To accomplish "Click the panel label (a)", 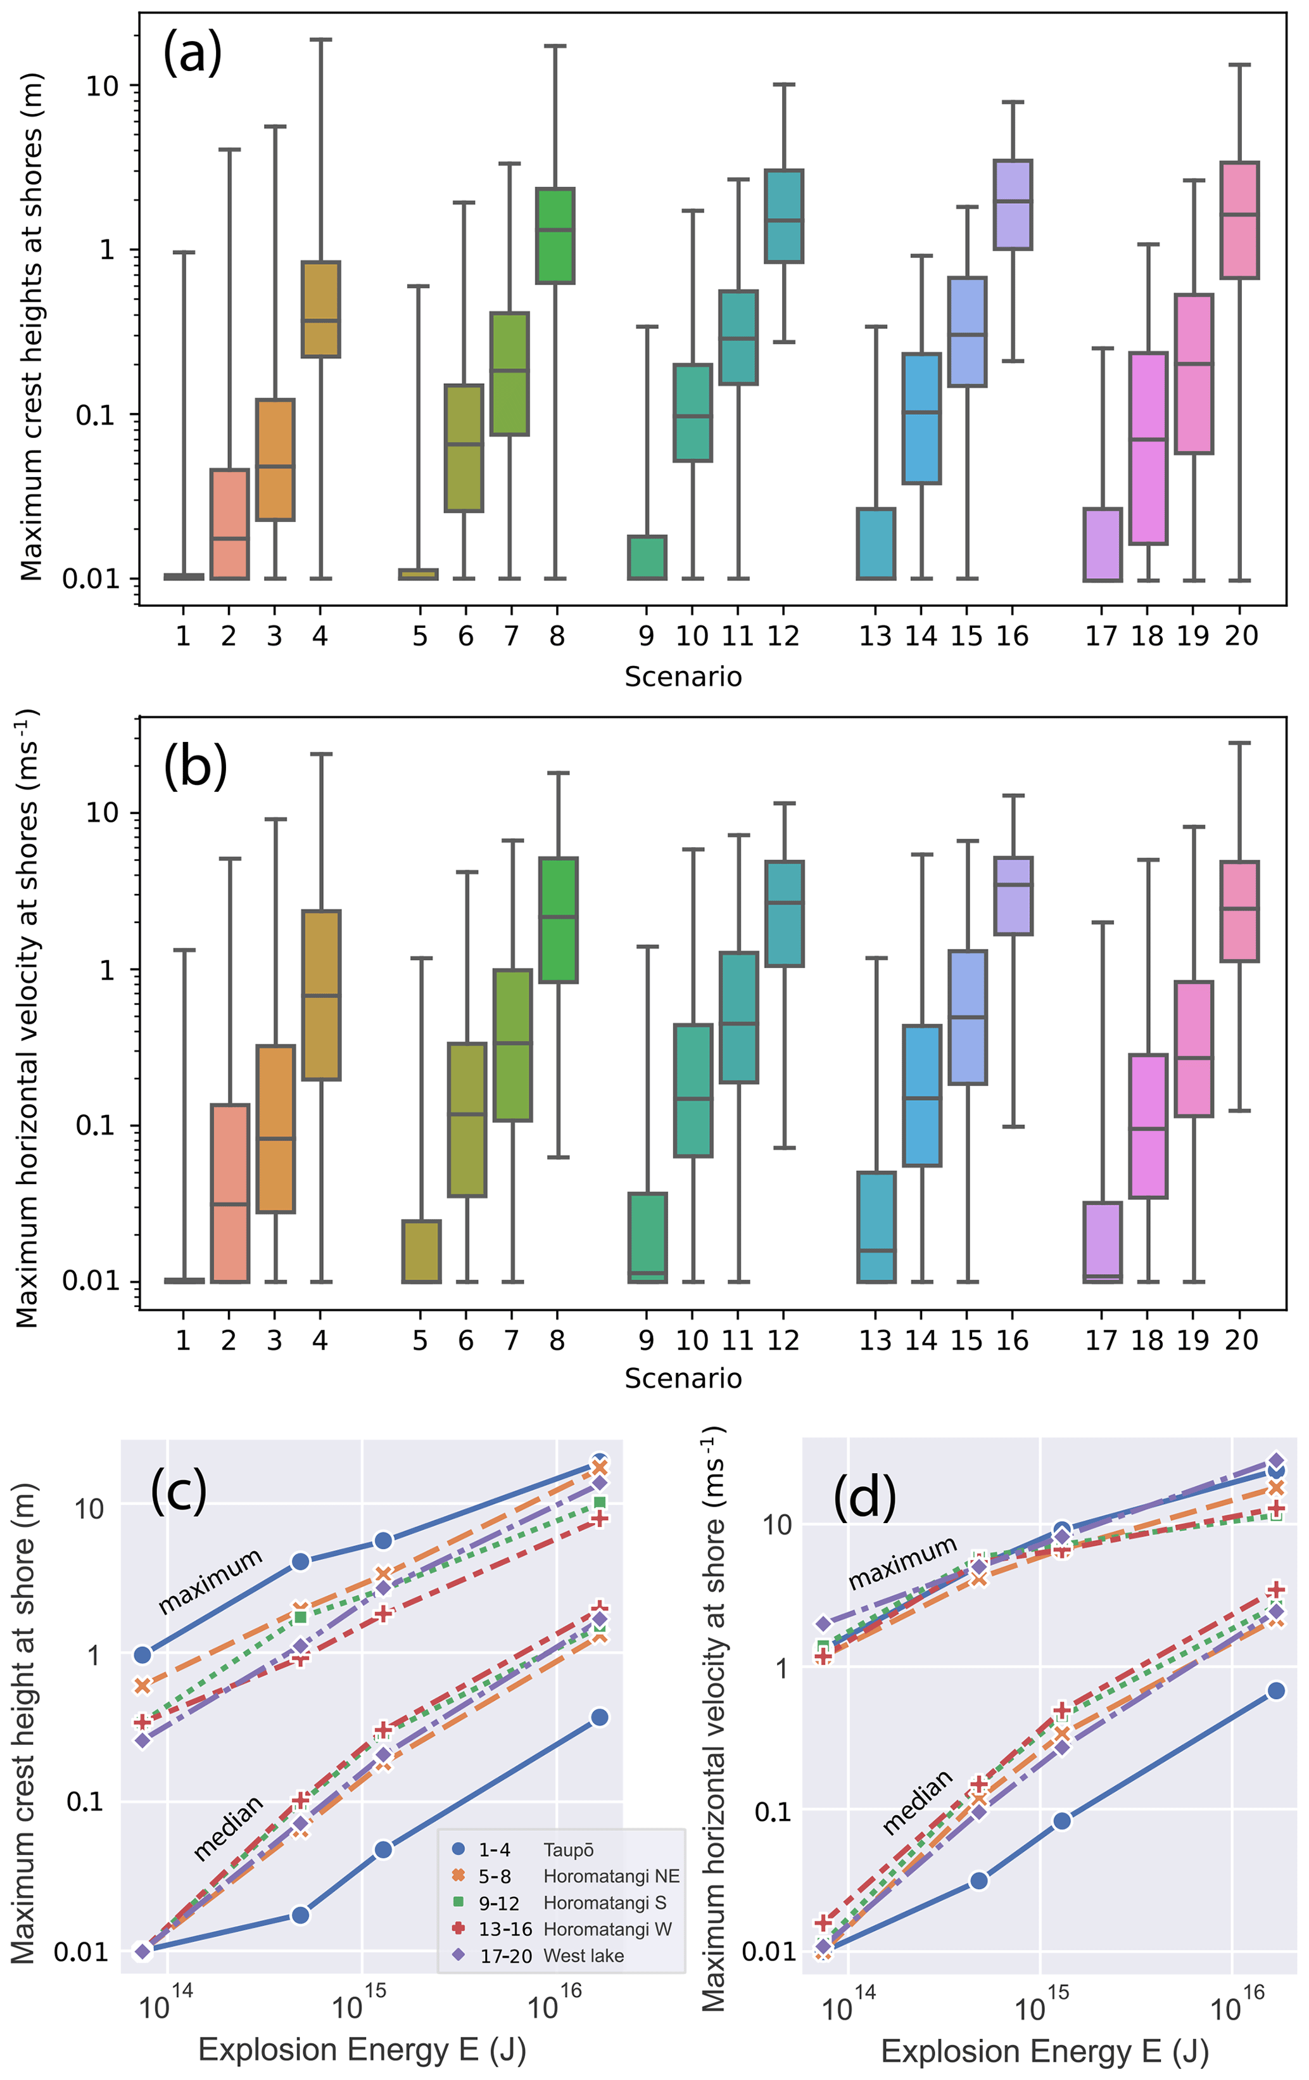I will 192,54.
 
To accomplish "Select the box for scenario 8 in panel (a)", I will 555,235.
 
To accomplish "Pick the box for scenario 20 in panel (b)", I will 1239,910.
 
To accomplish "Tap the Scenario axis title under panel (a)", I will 683,677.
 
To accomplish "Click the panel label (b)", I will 195,765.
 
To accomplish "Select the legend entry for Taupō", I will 567,1849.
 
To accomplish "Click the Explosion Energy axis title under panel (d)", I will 1045,2051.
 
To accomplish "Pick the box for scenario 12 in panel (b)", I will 784,913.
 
